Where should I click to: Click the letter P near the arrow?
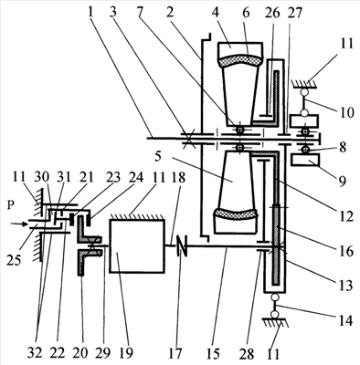[x=11, y=206]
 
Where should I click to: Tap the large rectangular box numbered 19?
[x=137, y=246]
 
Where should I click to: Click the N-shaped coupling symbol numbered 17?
[x=182, y=246]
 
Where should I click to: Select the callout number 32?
[x=36, y=353]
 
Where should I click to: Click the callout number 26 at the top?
[x=272, y=14]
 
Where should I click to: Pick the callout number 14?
[x=345, y=320]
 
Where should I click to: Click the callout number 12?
[x=346, y=216]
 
